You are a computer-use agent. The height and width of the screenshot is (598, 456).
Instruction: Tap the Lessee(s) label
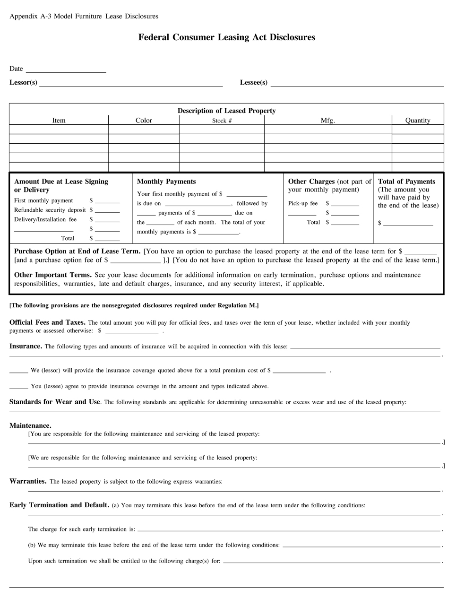click(253, 83)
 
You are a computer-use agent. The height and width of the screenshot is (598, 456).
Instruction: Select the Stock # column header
click(222, 121)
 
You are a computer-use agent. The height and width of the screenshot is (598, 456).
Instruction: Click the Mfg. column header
click(327, 121)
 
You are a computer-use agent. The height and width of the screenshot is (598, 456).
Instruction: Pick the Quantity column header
click(418, 121)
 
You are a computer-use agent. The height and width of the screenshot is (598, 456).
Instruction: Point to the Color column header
click(144, 121)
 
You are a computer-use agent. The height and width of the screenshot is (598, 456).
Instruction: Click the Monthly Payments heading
click(166, 182)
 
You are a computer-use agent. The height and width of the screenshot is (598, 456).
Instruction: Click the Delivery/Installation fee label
click(45, 219)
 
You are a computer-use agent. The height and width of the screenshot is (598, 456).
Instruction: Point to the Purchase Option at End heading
click(77, 251)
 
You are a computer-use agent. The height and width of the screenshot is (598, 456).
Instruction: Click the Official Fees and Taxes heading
click(47, 322)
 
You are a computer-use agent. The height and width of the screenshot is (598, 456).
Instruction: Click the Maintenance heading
click(30, 425)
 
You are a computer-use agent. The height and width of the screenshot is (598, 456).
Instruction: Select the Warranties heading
click(28, 481)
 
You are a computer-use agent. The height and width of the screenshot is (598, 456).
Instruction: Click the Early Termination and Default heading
click(59, 505)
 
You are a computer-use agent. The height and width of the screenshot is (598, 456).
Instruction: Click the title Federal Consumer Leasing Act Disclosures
click(227, 37)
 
